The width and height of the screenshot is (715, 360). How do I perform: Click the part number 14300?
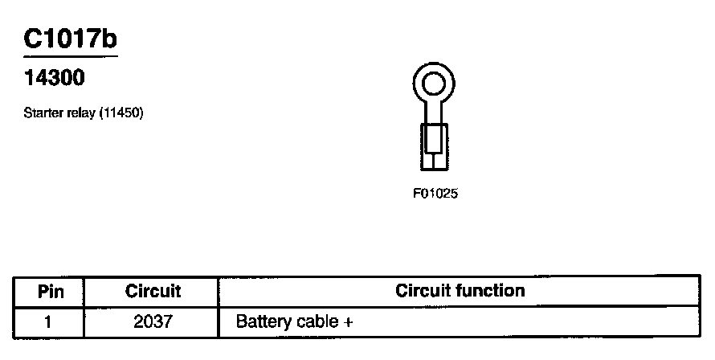[55, 79]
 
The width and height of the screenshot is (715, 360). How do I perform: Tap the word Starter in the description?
[42, 113]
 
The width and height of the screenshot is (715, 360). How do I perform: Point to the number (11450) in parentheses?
[121, 113]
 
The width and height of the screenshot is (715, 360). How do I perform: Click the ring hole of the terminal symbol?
[434, 83]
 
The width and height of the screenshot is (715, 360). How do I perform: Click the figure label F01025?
[435, 194]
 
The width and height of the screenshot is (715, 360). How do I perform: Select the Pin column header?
[50, 292]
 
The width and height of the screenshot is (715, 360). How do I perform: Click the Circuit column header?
[153, 292]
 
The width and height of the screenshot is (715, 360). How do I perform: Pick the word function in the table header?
[490, 291]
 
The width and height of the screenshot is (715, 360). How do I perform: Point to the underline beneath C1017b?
[71, 56]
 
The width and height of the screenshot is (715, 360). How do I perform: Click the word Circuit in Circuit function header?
[423, 291]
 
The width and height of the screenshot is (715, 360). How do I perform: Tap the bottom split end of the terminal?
[434, 162]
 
